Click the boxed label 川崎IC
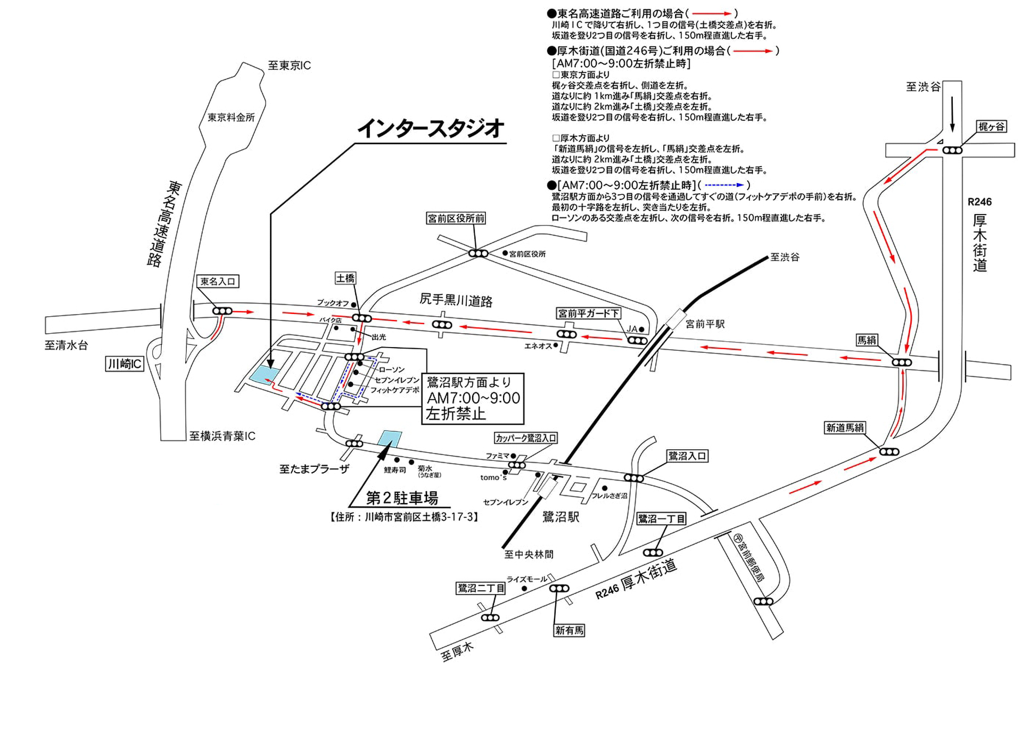click(125, 364)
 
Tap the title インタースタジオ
click(430, 128)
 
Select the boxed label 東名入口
click(218, 281)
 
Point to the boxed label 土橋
click(345, 278)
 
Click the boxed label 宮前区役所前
click(456, 218)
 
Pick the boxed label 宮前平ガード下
click(588, 314)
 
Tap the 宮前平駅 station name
click(705, 324)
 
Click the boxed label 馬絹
click(867, 340)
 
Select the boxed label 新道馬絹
click(845, 427)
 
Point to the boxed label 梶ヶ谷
click(992, 127)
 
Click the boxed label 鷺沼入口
click(687, 456)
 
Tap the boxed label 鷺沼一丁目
click(662, 518)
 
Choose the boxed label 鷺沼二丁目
click(481, 588)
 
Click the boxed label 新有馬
click(569, 631)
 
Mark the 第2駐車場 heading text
click(402, 498)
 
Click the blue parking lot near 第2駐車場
click(390, 438)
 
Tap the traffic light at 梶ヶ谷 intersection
click(952, 151)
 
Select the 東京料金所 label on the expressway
click(231, 117)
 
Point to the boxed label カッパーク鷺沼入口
click(526, 438)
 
